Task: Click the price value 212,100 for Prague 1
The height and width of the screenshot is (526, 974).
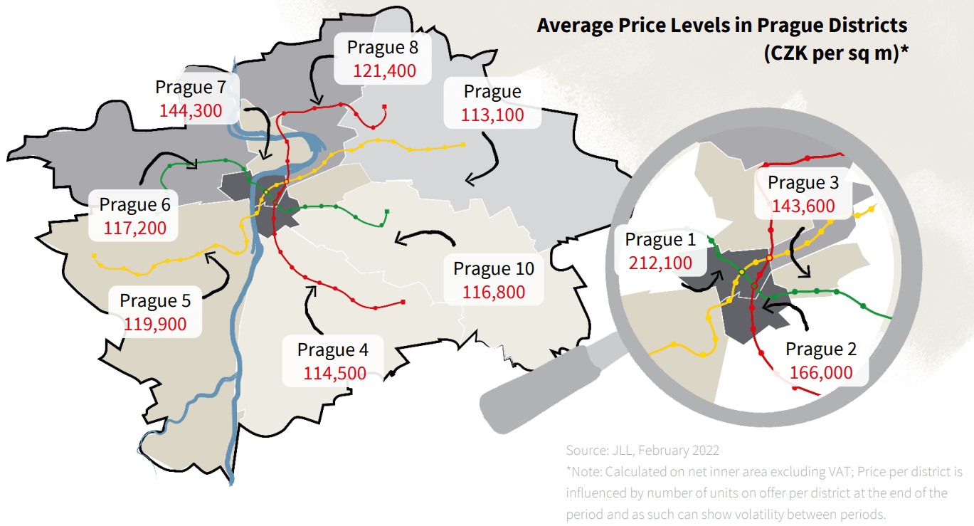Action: (660, 263)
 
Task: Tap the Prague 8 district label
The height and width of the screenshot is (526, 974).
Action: (383, 48)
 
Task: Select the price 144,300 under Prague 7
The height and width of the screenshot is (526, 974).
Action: (191, 110)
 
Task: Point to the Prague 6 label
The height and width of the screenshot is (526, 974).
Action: (134, 205)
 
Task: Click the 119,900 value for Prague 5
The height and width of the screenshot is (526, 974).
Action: (155, 325)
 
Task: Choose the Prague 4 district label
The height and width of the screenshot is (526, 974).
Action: (332, 350)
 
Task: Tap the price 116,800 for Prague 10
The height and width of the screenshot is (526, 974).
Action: (494, 292)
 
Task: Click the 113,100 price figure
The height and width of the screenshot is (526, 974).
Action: (492, 115)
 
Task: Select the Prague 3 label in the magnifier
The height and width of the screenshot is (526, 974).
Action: (803, 183)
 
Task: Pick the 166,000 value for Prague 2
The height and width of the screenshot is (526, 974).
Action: (821, 373)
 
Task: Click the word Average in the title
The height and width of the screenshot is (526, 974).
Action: (573, 26)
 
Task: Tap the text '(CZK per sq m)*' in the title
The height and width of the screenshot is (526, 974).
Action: (835, 53)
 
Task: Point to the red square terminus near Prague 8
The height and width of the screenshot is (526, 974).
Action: (384, 107)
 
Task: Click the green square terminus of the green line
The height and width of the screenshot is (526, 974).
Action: (387, 211)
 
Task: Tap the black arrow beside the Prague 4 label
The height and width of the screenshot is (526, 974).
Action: (309, 307)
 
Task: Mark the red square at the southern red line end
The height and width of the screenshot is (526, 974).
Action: (404, 303)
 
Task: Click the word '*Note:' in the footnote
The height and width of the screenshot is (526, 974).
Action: (583, 472)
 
